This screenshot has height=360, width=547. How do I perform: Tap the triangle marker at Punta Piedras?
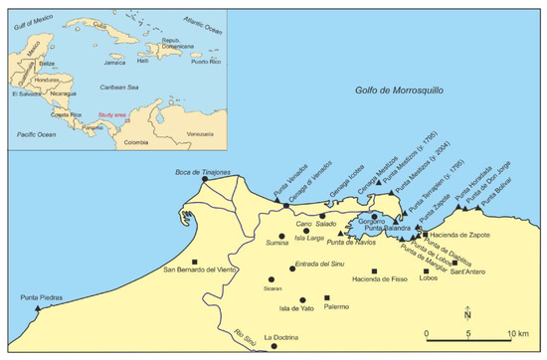38,309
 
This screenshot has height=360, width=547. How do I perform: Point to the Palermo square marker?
328,297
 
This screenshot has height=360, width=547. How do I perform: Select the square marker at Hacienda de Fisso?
374,270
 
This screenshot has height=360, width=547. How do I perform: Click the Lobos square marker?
426,270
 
